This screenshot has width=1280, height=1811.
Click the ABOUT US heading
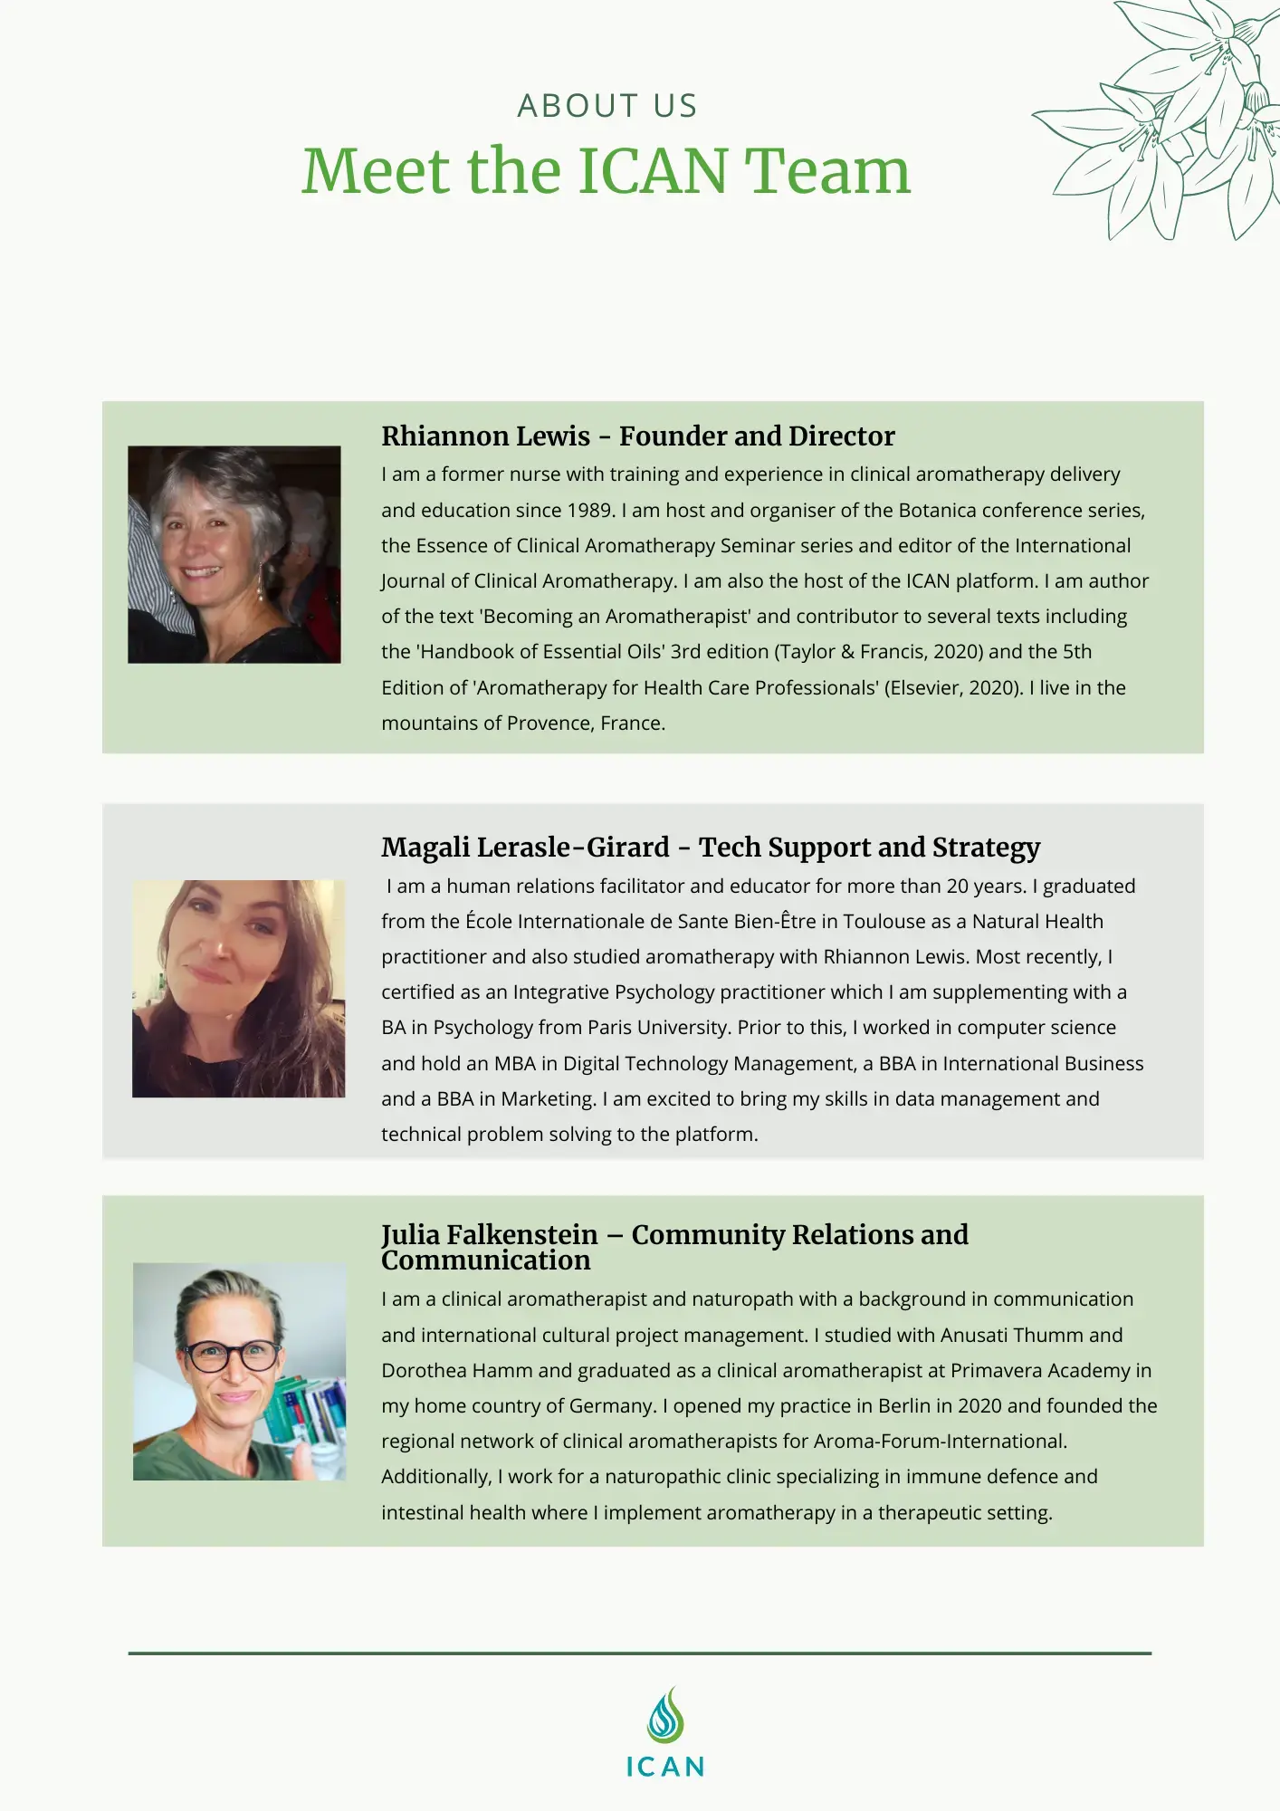pos(607,106)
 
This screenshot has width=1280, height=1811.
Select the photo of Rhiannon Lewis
pos(234,554)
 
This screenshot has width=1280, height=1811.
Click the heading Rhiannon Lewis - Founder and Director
pos(637,436)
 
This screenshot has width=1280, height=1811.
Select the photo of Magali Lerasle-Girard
pos(238,989)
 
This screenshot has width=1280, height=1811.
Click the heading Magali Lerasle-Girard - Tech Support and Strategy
pos(711,848)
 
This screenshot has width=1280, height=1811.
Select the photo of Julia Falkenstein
pos(239,1372)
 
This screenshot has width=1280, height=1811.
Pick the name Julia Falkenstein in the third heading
pos(490,1235)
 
